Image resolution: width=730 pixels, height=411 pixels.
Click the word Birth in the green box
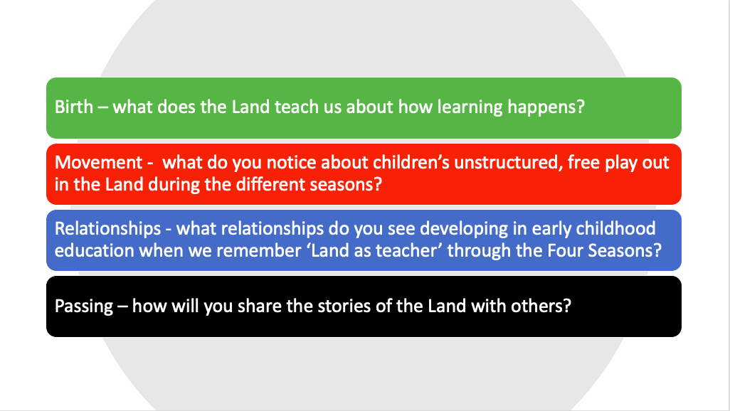click(74, 107)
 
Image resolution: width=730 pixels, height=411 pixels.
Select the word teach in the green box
click(292, 107)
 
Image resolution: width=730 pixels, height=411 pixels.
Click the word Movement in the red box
click(98, 162)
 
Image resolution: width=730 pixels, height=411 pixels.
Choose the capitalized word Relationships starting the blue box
click(107, 229)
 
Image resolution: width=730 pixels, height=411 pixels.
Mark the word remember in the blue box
click(258, 251)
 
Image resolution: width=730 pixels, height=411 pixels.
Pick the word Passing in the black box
click(84, 306)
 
